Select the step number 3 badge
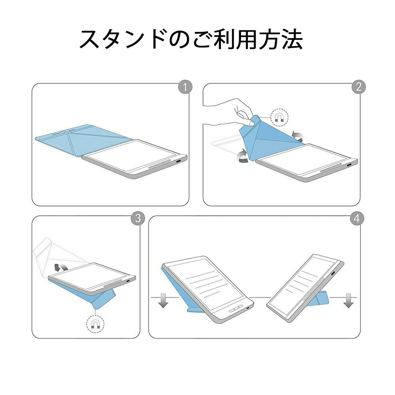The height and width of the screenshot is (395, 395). point(138,218)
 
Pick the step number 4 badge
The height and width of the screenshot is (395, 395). point(357,218)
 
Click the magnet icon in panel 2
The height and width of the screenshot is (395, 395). point(279,118)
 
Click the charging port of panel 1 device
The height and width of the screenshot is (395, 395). point(179,161)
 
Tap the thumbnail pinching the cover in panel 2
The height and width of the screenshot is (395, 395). point(251,123)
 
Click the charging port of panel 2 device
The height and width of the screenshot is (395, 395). point(349,165)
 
